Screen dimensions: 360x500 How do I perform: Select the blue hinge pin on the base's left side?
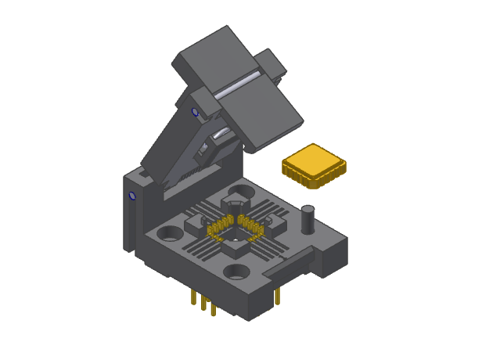click(x=132, y=196)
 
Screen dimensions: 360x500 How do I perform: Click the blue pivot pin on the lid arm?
click(x=195, y=113)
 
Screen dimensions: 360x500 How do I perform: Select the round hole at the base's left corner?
click(x=168, y=234)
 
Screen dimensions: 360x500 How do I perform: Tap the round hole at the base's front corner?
click(x=237, y=272)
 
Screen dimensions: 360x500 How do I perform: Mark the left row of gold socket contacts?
click(x=215, y=229)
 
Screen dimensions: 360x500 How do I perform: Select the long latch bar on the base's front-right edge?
click(x=290, y=261)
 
